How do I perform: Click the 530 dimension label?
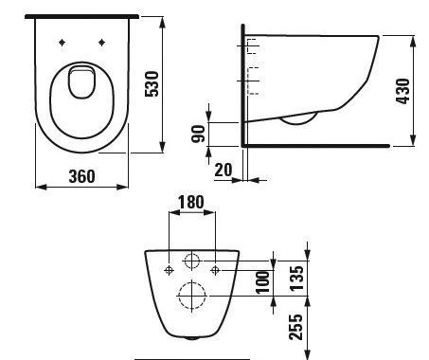click(x=152, y=84)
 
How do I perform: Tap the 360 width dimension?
click(x=81, y=176)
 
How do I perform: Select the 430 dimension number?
click(x=402, y=91)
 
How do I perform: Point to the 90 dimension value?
click(x=199, y=134)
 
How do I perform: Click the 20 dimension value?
click(x=223, y=170)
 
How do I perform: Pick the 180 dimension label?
click(x=191, y=202)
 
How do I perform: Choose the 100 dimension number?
click(x=262, y=282)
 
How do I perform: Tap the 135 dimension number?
click(x=296, y=279)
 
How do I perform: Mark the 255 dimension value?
click(x=295, y=327)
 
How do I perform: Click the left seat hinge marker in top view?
click(x=62, y=43)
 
